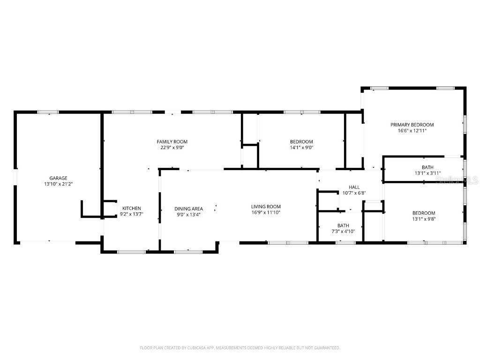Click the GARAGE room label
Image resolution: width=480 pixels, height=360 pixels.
pos(59,178)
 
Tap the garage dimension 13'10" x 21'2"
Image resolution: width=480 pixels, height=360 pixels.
pos(59,184)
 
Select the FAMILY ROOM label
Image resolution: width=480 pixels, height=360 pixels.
pos(172,142)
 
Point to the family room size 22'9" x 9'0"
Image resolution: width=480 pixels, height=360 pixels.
pos(172,148)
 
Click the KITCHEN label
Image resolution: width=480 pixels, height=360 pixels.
pos(132,209)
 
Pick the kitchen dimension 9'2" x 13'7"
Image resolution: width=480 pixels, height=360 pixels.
pos(132,215)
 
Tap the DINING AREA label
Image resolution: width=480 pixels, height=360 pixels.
pos(188,209)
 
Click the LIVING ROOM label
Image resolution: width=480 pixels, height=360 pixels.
pos(266,207)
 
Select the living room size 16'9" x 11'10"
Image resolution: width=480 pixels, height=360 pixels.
pos(266,213)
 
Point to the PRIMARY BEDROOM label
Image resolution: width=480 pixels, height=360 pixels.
pos(412,125)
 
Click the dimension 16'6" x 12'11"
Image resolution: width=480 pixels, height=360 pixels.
pos(412,131)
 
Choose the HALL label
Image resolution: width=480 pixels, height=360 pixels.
pos(354,187)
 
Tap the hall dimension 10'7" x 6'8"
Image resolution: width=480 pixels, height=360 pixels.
pos(354,193)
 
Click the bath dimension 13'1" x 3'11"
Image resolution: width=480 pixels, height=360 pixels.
pos(427,173)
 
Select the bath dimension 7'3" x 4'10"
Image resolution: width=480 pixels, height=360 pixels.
pos(343,231)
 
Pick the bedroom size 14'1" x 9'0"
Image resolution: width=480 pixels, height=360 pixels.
pos(301,148)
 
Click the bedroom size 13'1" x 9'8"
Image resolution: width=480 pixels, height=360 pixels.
pos(424,219)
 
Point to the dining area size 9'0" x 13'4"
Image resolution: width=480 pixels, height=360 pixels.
pos(188,215)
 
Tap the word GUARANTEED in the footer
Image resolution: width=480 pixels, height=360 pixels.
pos(325,348)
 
